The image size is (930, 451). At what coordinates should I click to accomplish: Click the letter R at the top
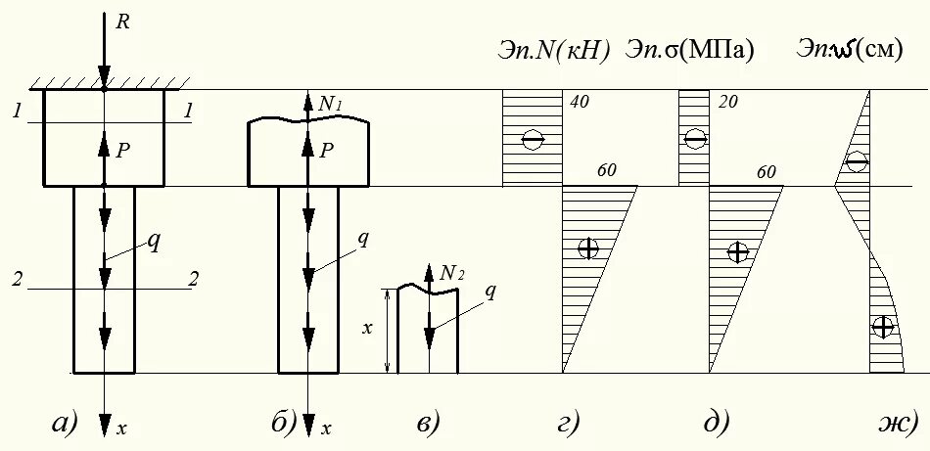(x=123, y=23)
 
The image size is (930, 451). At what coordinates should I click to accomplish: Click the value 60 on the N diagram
(x=606, y=171)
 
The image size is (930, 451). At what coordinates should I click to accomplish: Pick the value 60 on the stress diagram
(x=766, y=172)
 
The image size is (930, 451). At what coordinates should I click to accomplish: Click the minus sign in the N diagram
(x=533, y=140)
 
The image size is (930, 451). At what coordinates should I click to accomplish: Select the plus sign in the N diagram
(x=588, y=248)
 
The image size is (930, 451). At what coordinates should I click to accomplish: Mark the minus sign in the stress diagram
(x=694, y=140)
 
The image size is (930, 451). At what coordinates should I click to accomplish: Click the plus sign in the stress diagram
(x=738, y=251)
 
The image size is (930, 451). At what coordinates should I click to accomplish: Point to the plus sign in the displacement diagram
(x=883, y=327)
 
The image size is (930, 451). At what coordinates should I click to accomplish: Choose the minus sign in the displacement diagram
(x=857, y=161)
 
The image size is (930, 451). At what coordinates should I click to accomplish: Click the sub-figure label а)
(x=63, y=423)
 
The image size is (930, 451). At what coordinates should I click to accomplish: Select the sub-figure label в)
(x=428, y=423)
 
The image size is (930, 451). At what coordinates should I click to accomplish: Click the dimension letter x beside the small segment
(x=368, y=329)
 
